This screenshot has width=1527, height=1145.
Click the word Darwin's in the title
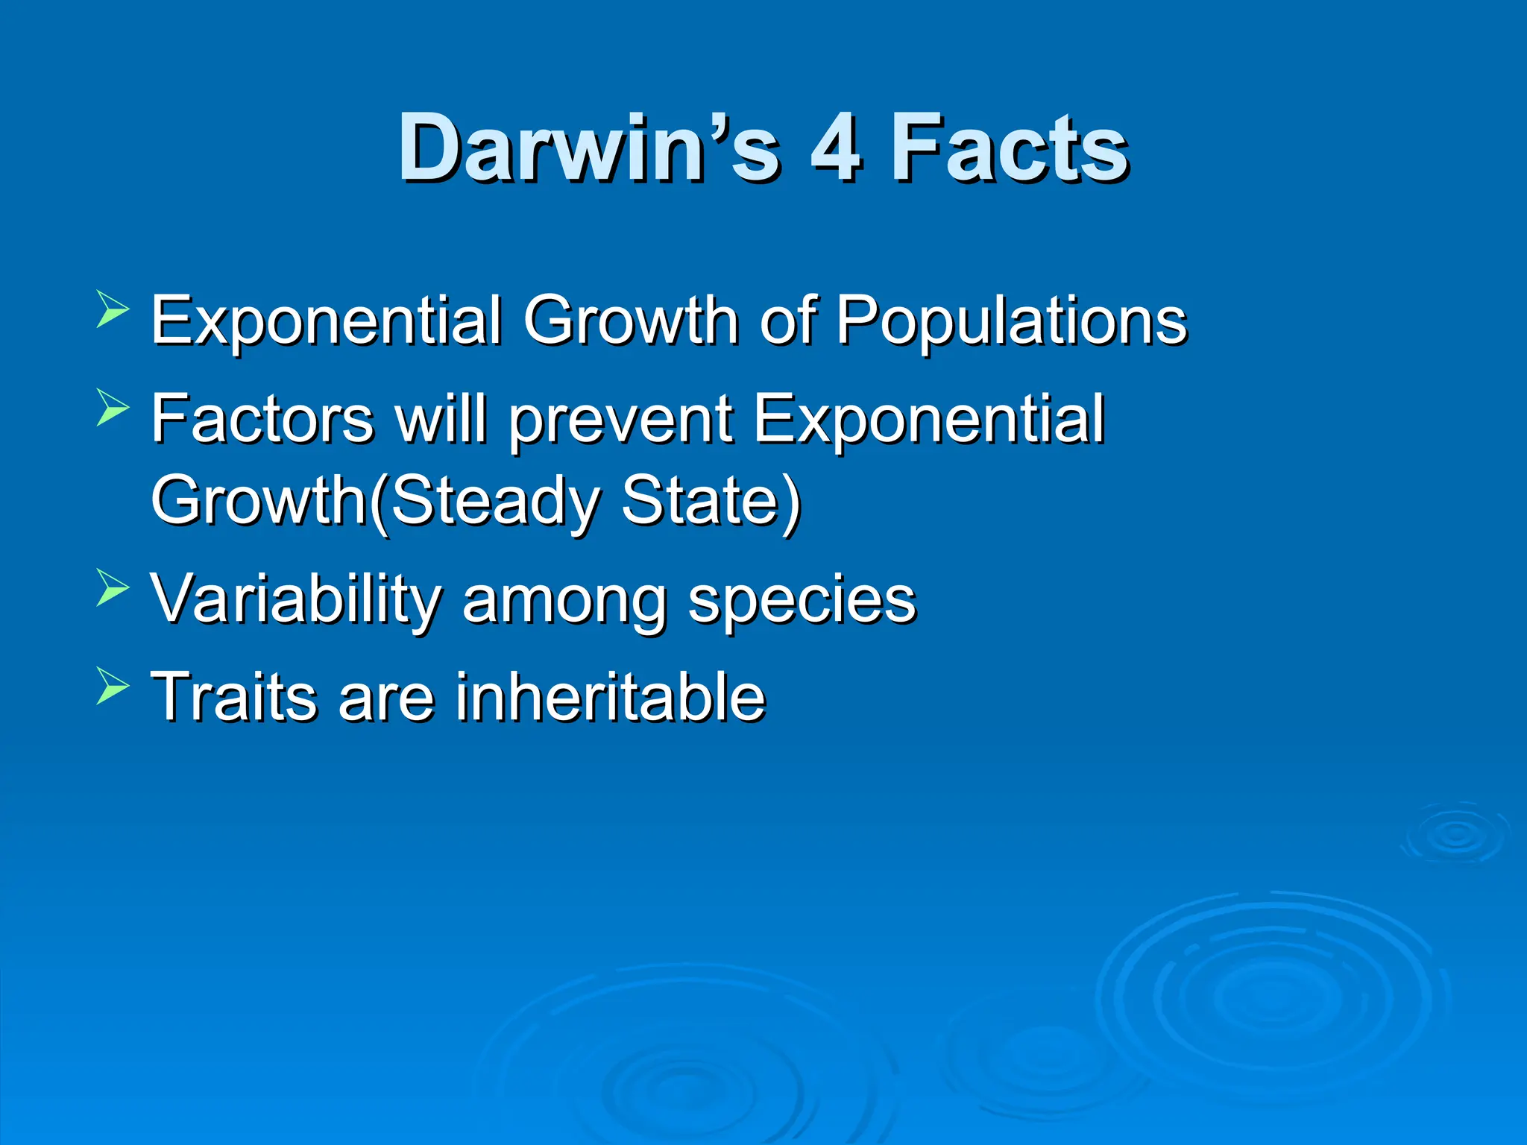589,148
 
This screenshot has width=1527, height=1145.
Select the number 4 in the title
836,148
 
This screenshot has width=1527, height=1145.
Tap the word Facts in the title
1010,148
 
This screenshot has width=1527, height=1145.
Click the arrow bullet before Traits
113,686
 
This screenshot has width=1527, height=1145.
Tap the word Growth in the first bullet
630,321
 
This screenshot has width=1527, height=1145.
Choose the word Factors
262,419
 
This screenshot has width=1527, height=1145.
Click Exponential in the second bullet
928,420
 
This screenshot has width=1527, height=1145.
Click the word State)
711,501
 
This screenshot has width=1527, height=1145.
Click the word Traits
234,696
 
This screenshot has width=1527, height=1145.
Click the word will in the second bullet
441,419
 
